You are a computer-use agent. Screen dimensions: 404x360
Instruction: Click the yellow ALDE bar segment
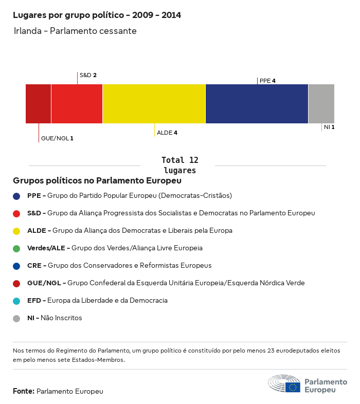click(154, 104)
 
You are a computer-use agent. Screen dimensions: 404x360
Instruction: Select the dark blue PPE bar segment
click(257, 104)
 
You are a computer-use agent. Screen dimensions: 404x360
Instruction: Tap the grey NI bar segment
click(321, 104)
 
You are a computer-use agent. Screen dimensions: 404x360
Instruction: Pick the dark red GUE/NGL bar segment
click(39, 104)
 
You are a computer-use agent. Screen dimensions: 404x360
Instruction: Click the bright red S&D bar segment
click(77, 104)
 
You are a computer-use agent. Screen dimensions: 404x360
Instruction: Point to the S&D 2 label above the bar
click(88, 75)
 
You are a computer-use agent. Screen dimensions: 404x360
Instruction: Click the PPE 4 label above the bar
click(267, 81)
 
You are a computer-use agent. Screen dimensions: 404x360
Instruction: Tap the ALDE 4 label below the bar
click(167, 133)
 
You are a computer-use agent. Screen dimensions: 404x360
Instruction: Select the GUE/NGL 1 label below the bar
click(57, 138)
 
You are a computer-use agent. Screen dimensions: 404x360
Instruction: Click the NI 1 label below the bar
click(329, 127)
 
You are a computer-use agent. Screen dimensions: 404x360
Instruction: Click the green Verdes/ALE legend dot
click(16, 248)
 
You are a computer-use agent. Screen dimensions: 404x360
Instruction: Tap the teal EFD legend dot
click(16, 301)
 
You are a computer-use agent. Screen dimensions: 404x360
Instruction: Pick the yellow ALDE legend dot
click(16, 231)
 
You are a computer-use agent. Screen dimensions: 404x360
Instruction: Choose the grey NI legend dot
click(16, 318)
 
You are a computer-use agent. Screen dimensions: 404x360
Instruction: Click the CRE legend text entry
click(119, 266)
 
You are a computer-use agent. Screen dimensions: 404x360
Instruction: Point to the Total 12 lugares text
click(179, 165)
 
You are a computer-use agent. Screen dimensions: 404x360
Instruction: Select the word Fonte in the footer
click(23, 391)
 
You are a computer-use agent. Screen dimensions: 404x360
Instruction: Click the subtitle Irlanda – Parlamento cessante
click(75, 31)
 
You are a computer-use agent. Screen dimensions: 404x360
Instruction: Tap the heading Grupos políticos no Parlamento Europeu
click(97, 180)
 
